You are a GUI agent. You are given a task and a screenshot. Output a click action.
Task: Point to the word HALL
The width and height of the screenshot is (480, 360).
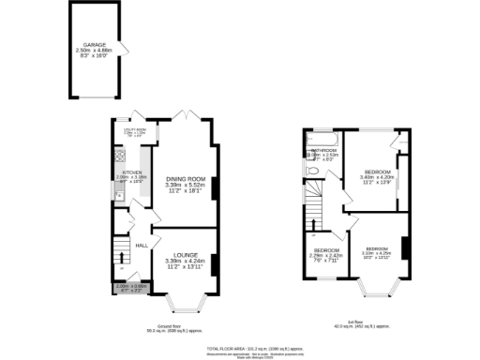point(142,245)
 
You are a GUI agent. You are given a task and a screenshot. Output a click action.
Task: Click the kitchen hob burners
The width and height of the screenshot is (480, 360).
point(119,156)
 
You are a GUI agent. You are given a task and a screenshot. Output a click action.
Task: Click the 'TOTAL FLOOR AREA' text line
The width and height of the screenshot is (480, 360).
point(240,346)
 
